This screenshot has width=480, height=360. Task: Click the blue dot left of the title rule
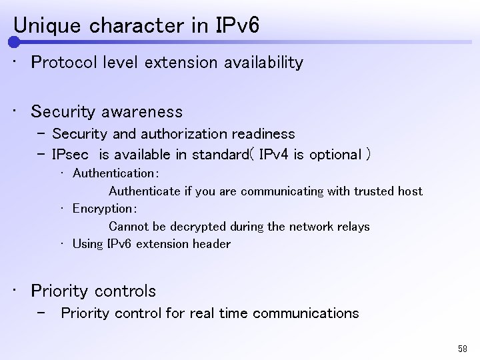coord(14,43)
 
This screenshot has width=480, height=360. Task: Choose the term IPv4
coord(273,155)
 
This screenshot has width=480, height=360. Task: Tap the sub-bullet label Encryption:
coord(104,209)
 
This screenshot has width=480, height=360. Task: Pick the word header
coord(211,244)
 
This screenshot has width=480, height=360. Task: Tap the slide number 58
coord(463,349)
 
